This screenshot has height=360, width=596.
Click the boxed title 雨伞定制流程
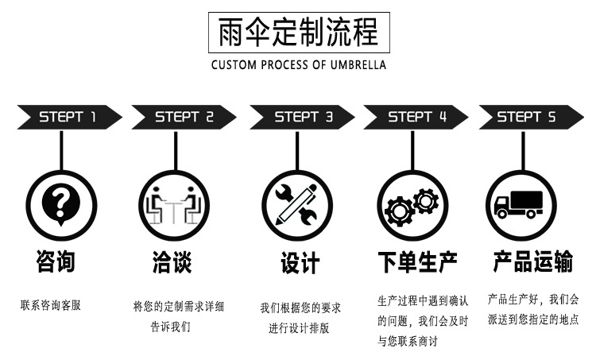click(299, 33)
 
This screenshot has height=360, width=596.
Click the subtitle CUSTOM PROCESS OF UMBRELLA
click(299, 64)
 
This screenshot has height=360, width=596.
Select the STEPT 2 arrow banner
click(184, 118)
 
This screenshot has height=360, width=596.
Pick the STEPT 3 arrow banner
click(303, 118)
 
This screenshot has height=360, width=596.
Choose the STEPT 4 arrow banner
click(416, 118)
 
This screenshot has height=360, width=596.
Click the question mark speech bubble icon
click(61, 203)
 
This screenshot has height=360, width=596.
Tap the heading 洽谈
click(172, 261)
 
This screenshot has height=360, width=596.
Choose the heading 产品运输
click(532, 261)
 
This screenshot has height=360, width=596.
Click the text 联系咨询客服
click(51, 304)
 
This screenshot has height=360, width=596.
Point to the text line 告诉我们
click(171, 326)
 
